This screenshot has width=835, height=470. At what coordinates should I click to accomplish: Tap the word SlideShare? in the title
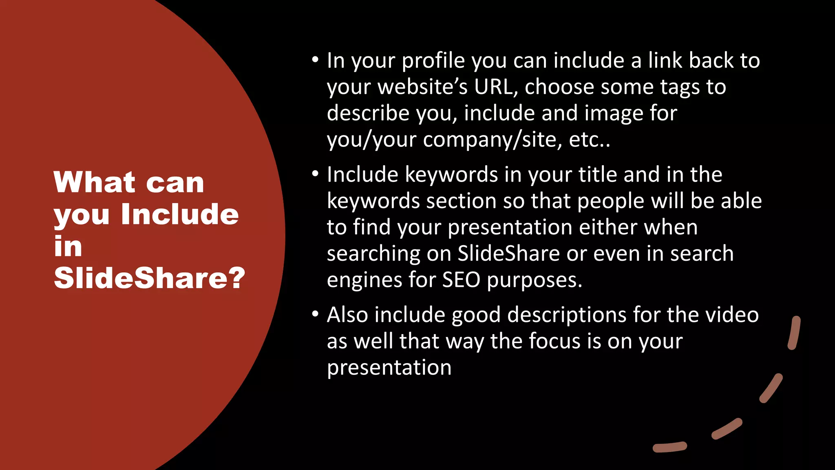[149, 278]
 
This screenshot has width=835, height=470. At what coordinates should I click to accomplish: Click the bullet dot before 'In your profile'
[315, 60]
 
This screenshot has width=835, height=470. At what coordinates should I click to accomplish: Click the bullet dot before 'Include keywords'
[315, 174]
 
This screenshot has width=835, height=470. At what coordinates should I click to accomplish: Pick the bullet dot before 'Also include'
[315, 314]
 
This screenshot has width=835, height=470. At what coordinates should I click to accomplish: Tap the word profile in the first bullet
[433, 61]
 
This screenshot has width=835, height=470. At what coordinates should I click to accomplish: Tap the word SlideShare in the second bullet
[508, 253]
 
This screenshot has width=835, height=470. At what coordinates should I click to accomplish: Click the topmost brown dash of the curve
[794, 333]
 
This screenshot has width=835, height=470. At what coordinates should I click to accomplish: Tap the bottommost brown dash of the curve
[669, 447]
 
